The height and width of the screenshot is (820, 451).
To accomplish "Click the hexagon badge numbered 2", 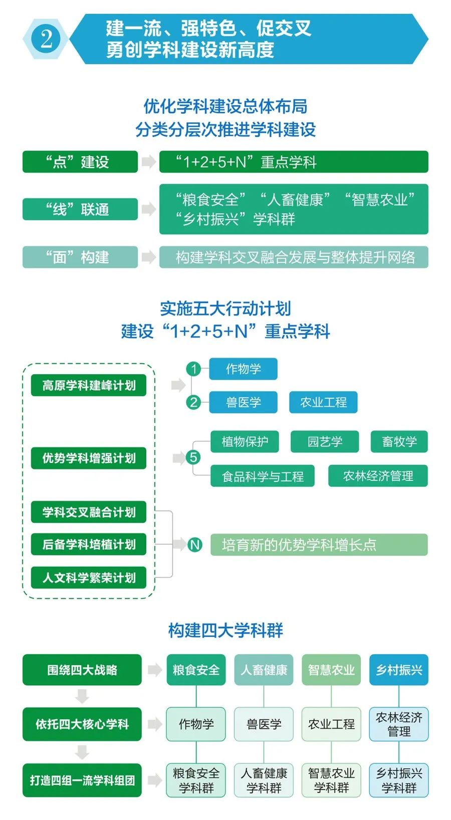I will pyautogui.click(x=46, y=39).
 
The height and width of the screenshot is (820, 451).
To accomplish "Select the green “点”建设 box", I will pyautogui.click(x=80, y=162).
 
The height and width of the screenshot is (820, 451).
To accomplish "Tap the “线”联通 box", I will pyautogui.click(x=80, y=209).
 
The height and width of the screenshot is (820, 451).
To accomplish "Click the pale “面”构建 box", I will pyautogui.click(x=80, y=257).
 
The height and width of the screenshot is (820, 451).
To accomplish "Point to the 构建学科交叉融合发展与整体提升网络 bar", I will pyautogui.click(x=294, y=257).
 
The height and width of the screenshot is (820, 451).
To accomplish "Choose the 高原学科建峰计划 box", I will pyautogui.click(x=89, y=385).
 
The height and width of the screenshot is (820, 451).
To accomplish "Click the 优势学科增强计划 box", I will pyautogui.click(x=89, y=458).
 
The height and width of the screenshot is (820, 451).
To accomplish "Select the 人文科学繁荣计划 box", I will pyautogui.click(x=89, y=578).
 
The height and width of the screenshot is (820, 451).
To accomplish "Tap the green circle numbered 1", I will pyautogui.click(x=193, y=369).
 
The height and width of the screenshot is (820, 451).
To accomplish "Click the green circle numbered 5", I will pyautogui.click(x=193, y=457).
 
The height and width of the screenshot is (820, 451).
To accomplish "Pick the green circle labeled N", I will pyautogui.click(x=195, y=544).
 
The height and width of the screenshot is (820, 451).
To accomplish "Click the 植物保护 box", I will pyautogui.click(x=245, y=441).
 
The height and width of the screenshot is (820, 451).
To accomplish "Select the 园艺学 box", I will pyautogui.click(x=325, y=441).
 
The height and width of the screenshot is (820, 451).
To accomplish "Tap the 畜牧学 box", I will pyautogui.click(x=399, y=441).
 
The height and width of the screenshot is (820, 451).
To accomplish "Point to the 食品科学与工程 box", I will pyautogui.click(x=263, y=476).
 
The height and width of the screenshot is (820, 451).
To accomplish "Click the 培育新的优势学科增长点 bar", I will pyautogui.click(x=319, y=544).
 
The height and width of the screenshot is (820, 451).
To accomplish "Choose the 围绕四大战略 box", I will pyautogui.click(x=82, y=670).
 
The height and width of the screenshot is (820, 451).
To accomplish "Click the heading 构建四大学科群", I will pyautogui.click(x=225, y=630).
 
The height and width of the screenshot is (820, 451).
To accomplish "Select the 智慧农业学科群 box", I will pyautogui.click(x=331, y=780).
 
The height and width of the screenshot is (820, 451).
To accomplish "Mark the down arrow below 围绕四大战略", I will pyautogui.click(x=82, y=696).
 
